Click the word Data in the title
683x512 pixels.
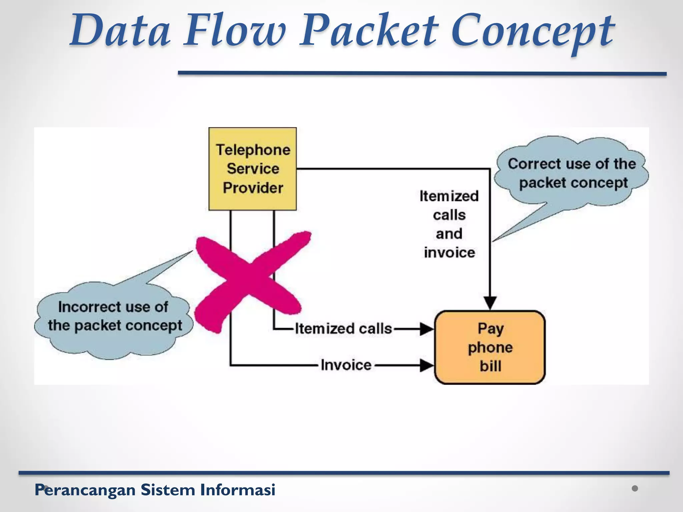coord(120,31)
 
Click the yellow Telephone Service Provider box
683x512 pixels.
coord(252,169)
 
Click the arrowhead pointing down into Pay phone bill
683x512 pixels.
coord(490,303)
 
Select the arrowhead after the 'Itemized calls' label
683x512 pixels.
coord(426,329)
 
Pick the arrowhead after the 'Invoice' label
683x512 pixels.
coord(426,365)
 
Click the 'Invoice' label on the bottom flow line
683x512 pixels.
coord(346,365)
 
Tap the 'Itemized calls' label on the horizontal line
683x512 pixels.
coord(343,329)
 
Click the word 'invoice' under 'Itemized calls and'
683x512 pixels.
coord(449,252)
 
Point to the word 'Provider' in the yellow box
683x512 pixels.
coord(253,188)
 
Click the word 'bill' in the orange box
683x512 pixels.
coord(490,366)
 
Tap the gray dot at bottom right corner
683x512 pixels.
coord(635,488)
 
